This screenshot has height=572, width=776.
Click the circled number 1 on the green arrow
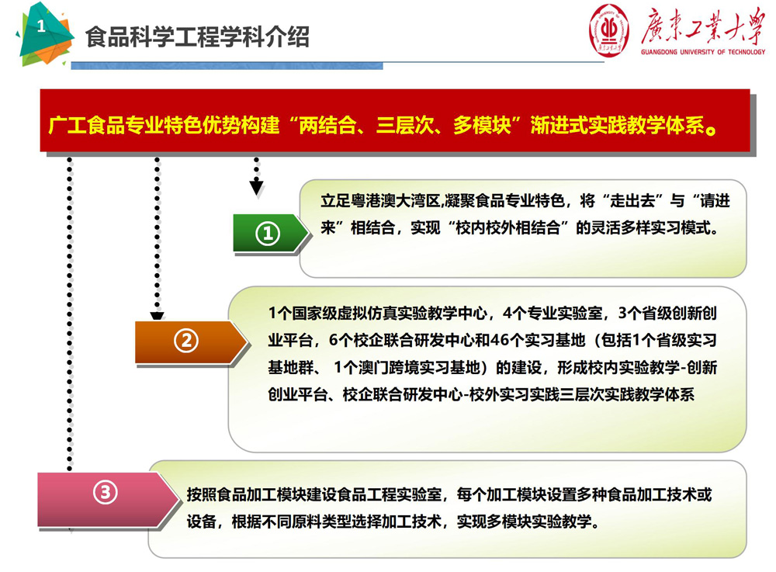click(x=268, y=234)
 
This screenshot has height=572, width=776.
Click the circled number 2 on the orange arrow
click(x=186, y=341)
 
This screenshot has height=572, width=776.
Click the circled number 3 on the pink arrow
click(x=106, y=492)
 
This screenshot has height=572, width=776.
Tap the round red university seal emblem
click(x=609, y=31)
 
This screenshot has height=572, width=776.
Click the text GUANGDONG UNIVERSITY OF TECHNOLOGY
click(x=703, y=52)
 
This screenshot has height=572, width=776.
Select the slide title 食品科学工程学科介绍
click(x=197, y=37)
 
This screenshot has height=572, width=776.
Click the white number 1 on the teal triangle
click(x=41, y=26)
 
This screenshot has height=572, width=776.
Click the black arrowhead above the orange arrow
click(x=157, y=316)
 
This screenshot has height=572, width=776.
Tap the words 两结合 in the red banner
click(x=327, y=125)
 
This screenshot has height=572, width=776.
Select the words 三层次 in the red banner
click(x=404, y=125)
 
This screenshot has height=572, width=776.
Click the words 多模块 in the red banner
click(x=482, y=125)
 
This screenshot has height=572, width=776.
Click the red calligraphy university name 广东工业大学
click(x=703, y=26)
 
